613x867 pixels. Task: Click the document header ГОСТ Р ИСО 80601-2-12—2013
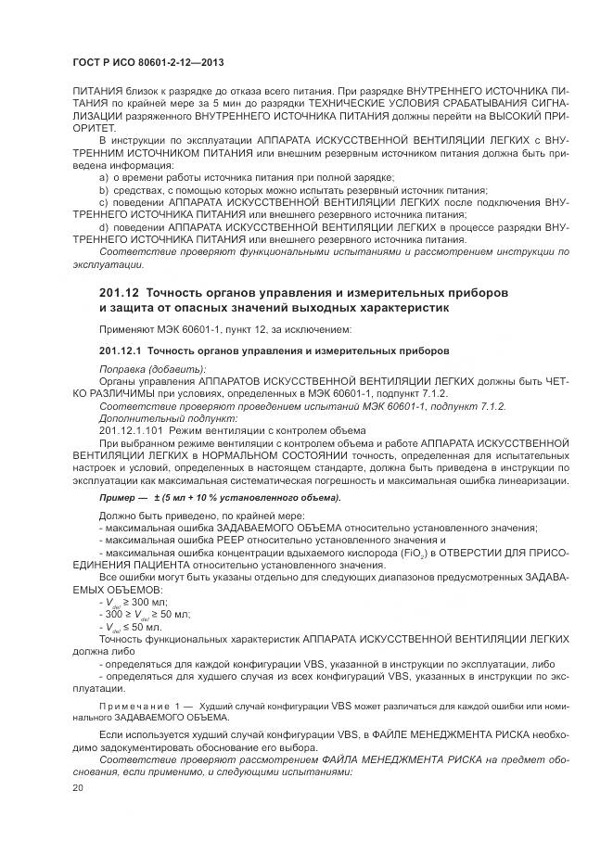click(x=148, y=62)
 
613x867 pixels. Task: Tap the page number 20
click(x=78, y=786)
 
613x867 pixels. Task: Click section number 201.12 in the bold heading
click(x=120, y=292)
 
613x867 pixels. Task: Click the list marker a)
click(x=104, y=177)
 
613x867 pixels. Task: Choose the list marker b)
click(x=104, y=189)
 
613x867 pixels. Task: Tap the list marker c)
click(x=104, y=201)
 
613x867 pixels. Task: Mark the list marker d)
click(x=104, y=225)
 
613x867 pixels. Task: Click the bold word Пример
click(x=116, y=497)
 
